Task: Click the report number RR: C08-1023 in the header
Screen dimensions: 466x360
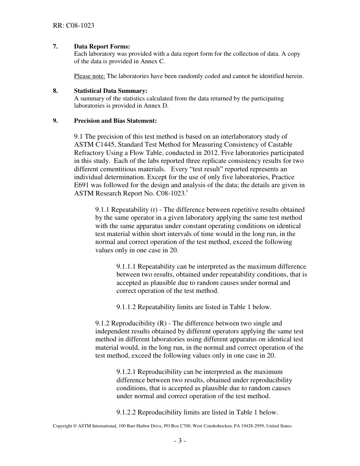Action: [74, 26]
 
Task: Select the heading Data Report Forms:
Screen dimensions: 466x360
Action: [102, 46]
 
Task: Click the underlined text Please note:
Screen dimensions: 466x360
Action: [89, 76]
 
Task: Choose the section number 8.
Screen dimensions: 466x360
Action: [55, 91]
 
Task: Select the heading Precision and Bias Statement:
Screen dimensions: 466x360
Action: [115, 121]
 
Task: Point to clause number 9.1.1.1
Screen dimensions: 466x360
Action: [126, 266]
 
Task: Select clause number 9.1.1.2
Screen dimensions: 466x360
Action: [126, 307]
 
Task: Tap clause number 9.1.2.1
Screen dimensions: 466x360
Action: [126, 372]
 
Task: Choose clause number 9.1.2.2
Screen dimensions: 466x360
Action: [126, 412]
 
